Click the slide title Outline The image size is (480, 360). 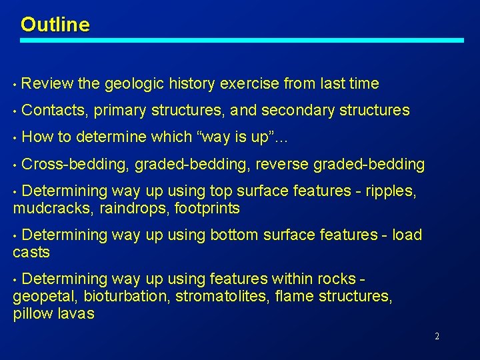point(55,25)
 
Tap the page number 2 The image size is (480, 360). point(437,337)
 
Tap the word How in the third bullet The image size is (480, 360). point(37,137)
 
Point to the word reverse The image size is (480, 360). point(285,164)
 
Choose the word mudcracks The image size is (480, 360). point(53,209)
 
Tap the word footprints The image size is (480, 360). point(207,209)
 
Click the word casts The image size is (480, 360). point(31,252)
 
